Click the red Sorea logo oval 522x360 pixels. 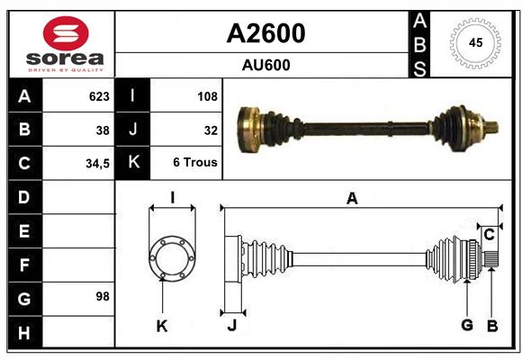(x=66, y=33)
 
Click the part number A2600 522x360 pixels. (x=265, y=33)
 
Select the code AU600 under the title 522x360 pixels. (x=265, y=65)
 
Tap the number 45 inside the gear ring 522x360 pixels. (x=475, y=42)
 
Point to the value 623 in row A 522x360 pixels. (x=99, y=96)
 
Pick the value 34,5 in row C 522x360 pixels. (x=97, y=164)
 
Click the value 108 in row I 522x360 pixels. (x=207, y=96)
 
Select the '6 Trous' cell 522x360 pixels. (x=195, y=162)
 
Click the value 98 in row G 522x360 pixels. (x=103, y=296)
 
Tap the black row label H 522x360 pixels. (x=25, y=332)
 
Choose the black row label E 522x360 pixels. (x=25, y=230)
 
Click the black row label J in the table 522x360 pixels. (x=132, y=130)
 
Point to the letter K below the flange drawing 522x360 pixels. (x=162, y=327)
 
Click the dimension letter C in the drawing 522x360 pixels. (x=489, y=235)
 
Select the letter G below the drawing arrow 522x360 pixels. (x=467, y=325)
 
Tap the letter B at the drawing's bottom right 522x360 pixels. (x=492, y=326)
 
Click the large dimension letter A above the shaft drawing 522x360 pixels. (x=352, y=199)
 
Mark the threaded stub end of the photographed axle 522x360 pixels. (x=491, y=127)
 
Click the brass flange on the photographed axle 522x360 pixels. (x=249, y=130)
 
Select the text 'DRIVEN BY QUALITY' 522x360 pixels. (x=66, y=70)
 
